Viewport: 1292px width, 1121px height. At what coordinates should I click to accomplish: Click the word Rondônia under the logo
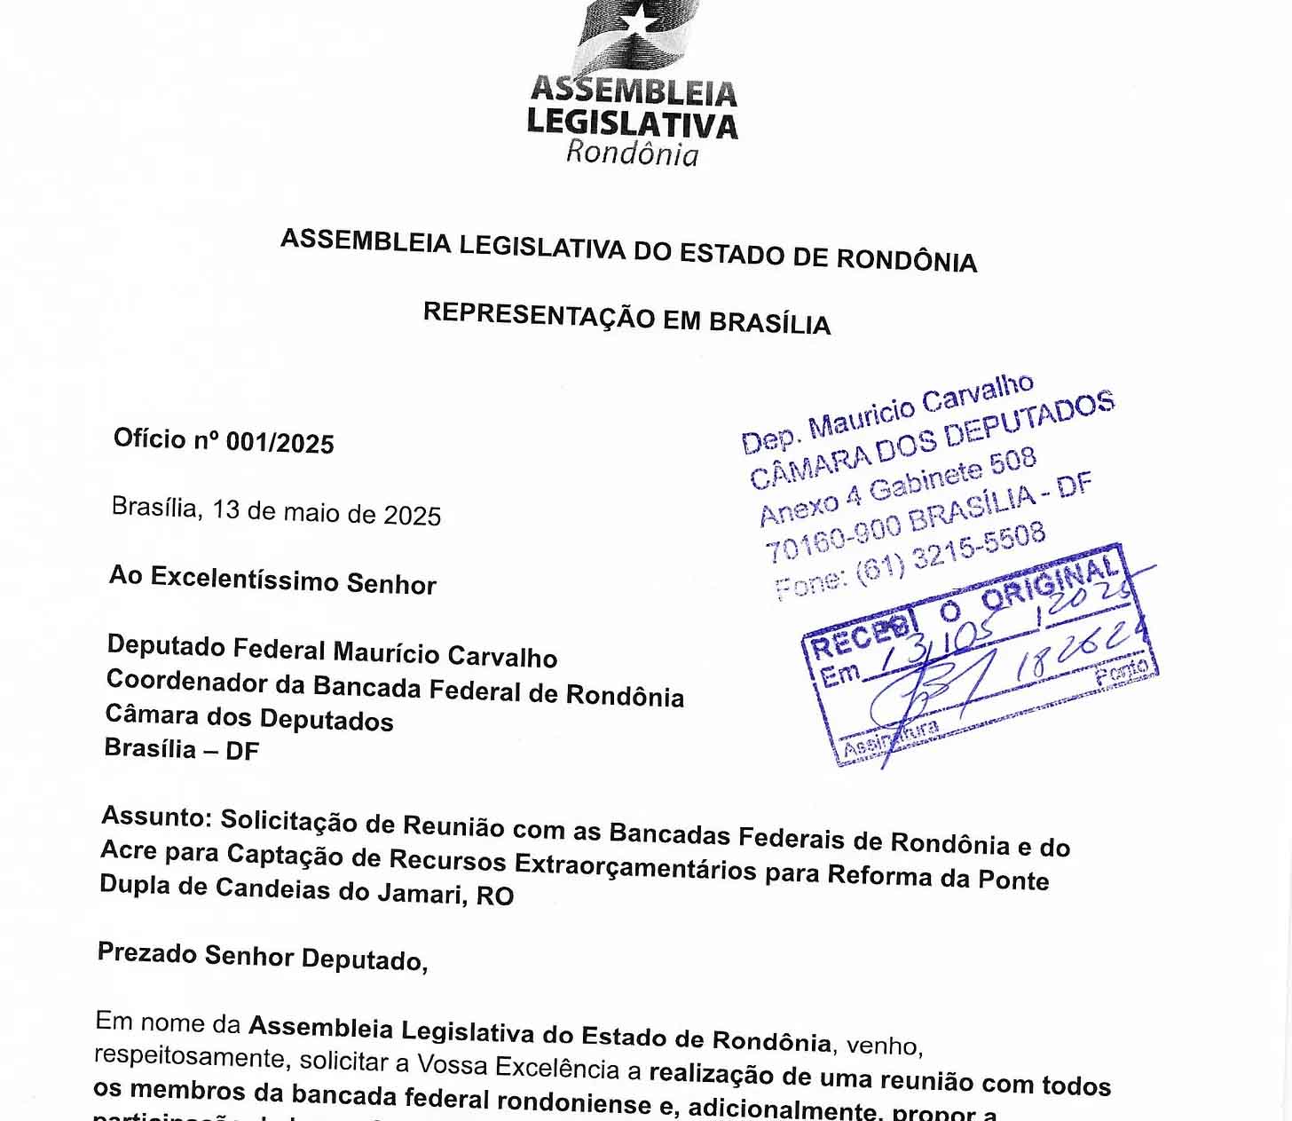coord(632,153)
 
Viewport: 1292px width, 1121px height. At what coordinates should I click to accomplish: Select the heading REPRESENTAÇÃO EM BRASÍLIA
coord(626,317)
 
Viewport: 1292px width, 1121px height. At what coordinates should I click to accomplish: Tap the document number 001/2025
coord(280,442)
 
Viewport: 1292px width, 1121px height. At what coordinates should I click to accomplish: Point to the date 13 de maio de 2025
coord(326,512)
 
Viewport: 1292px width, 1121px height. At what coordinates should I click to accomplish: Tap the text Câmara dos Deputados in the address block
coord(248,716)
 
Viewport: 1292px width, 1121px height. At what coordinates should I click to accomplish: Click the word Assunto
coord(153,816)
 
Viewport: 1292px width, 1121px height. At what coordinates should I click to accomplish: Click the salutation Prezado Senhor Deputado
coord(262,957)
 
